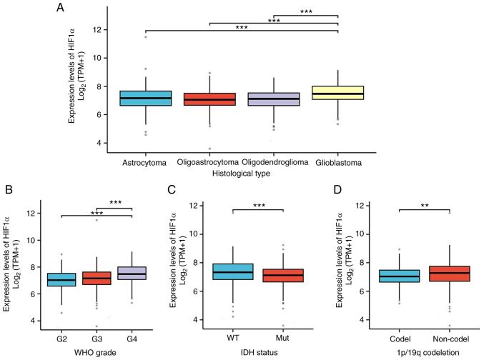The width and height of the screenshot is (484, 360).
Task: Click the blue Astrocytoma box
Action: [145, 98]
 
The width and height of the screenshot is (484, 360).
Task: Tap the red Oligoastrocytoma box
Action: [209, 99]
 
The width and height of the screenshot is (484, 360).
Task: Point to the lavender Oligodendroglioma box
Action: [272, 99]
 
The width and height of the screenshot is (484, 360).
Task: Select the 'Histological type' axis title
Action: [241, 174]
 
